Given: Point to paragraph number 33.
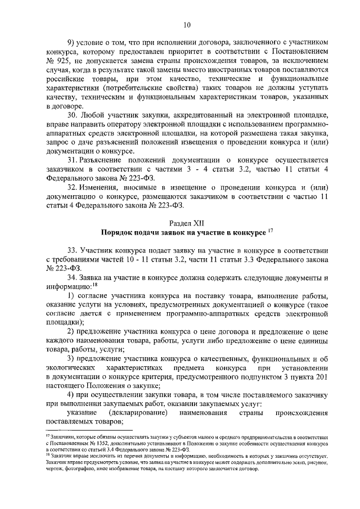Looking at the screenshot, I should click(73, 250).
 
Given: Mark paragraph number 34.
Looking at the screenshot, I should click(73, 277).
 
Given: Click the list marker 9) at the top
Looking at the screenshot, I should click(71, 43).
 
